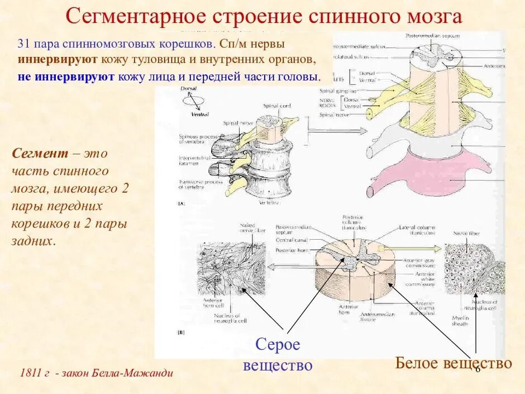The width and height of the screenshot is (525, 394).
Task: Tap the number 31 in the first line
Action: [x=24, y=44]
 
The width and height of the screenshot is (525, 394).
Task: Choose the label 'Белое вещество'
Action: [x=453, y=363]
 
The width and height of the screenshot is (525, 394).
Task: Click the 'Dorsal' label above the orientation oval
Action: [x=189, y=89]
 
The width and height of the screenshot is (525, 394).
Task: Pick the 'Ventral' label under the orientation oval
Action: [x=200, y=115]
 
